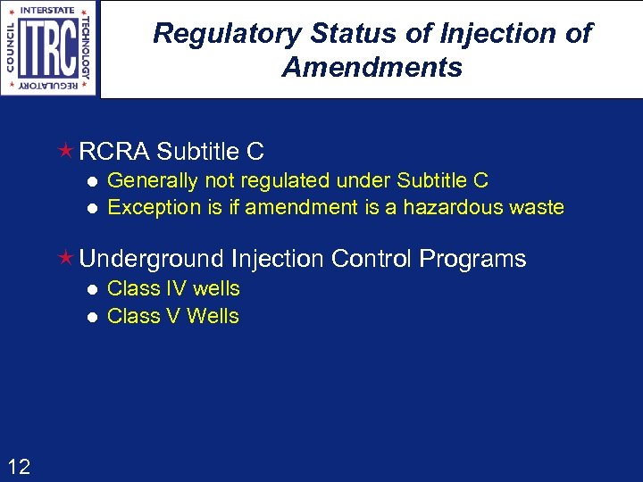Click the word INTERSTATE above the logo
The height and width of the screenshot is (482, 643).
click(49, 11)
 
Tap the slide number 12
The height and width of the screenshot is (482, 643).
click(19, 466)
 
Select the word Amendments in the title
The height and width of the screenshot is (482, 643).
click(372, 67)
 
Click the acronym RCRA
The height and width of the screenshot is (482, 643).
click(114, 152)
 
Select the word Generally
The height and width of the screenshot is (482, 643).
click(152, 181)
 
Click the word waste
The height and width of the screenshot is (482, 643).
click(535, 208)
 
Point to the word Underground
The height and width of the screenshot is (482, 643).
click(152, 260)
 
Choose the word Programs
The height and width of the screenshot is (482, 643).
click(472, 260)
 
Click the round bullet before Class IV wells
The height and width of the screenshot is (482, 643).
click(90, 289)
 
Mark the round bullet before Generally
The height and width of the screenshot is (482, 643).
click(90, 181)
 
